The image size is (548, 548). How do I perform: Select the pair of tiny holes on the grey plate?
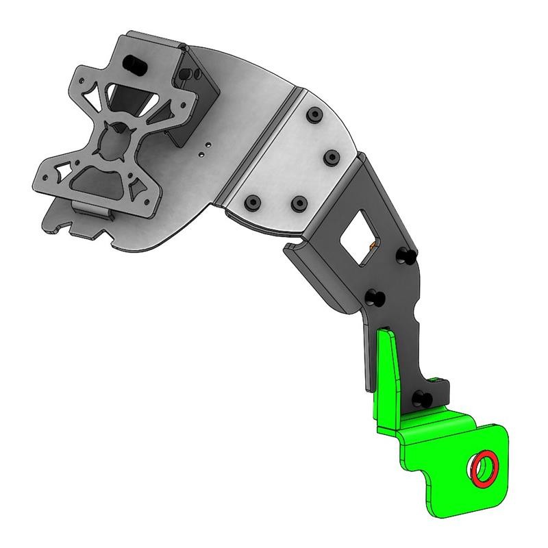[204, 150]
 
